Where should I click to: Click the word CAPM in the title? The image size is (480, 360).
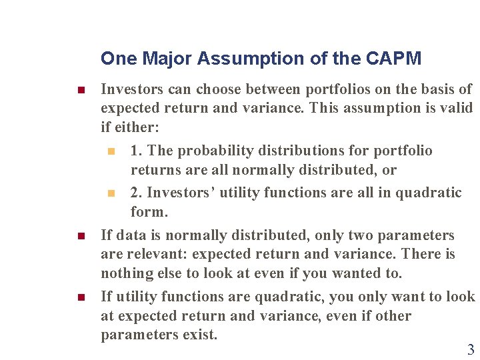point(393,59)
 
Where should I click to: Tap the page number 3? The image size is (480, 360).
point(471,349)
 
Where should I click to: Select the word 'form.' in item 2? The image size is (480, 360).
point(149,212)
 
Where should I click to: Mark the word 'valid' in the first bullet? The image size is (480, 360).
point(454,107)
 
